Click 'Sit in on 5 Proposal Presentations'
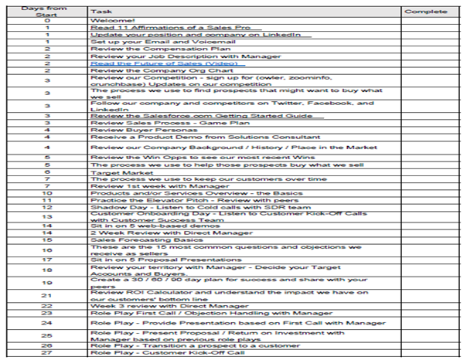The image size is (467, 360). [x=151, y=261]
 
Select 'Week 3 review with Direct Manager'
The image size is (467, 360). [x=153, y=304]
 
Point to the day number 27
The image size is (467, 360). [x=47, y=352]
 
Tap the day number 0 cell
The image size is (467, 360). [x=47, y=20]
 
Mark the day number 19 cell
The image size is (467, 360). [x=47, y=283]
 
